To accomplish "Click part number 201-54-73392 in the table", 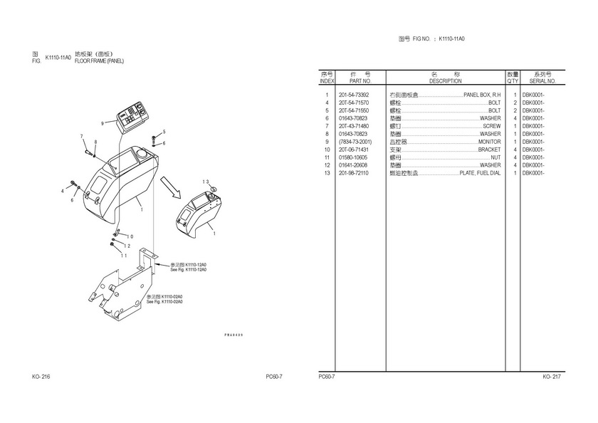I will pyautogui.click(x=354, y=95).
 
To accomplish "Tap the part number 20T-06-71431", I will pyautogui.click(x=354, y=150).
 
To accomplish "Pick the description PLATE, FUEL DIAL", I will pyautogui.click(x=480, y=173).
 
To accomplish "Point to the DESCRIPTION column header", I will pyautogui.click(x=446, y=81).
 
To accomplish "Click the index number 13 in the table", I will pyautogui.click(x=327, y=173).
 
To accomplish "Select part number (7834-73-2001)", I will pyautogui.click(x=355, y=142).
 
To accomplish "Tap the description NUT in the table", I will pyautogui.click(x=495, y=157).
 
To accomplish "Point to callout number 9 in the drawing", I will pyautogui.click(x=103, y=123).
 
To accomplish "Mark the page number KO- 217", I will pyautogui.click(x=552, y=377).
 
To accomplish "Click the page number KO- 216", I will pyautogui.click(x=41, y=377).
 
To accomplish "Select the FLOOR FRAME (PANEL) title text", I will pyautogui.click(x=99, y=61).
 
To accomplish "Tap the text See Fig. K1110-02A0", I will pyautogui.click(x=164, y=302).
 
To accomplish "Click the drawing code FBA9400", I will pyautogui.click(x=234, y=333).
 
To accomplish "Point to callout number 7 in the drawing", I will pyautogui.click(x=81, y=136).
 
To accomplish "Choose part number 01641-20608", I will pyautogui.click(x=354, y=165).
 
